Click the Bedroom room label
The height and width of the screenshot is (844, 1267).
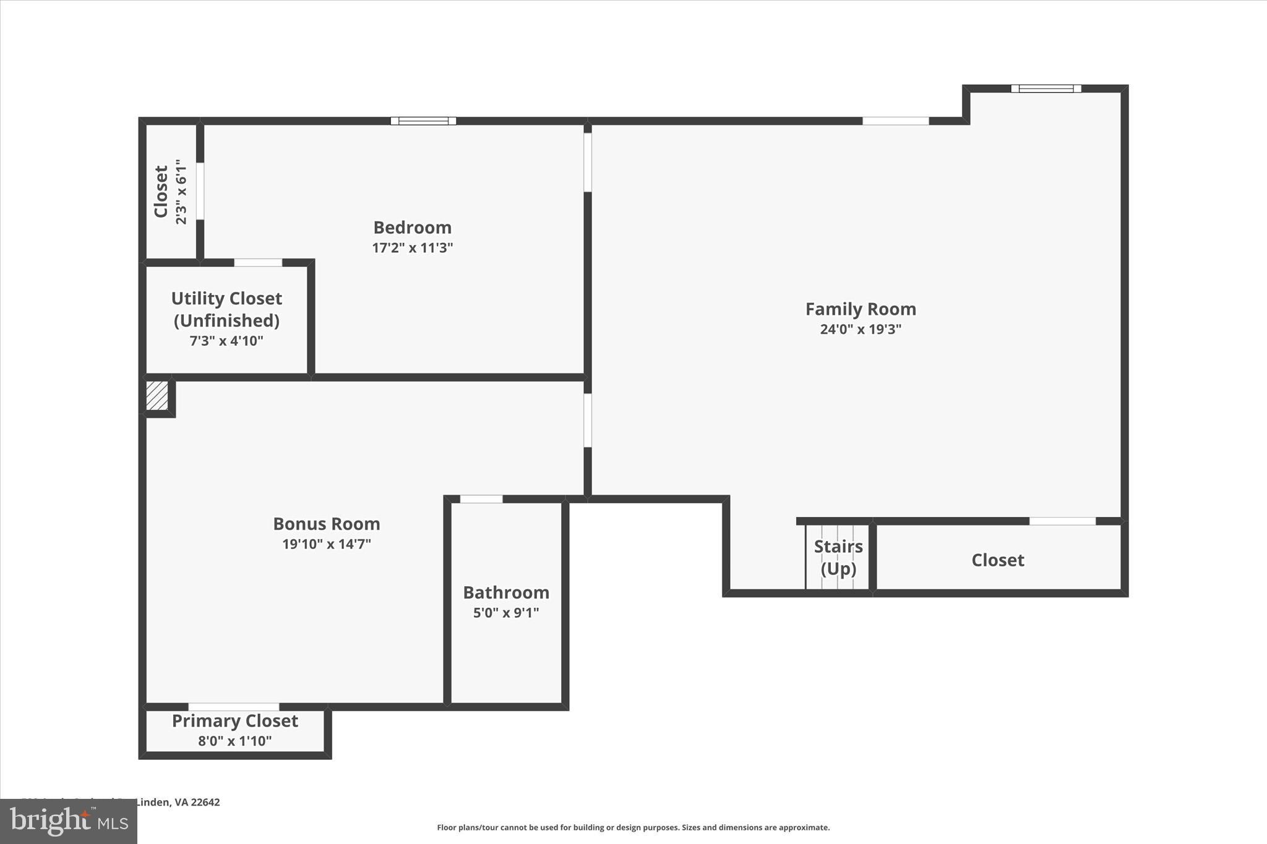[412, 228]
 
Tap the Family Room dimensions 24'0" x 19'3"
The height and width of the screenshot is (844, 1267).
[860, 329]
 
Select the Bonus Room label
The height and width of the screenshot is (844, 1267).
[326, 524]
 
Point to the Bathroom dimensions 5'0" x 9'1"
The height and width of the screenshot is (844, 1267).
[505, 613]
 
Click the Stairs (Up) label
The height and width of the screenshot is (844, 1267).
[838, 557]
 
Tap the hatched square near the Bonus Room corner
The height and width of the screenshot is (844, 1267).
[157, 396]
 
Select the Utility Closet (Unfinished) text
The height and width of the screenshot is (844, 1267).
[226, 309]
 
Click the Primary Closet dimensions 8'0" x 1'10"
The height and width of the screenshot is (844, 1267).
[234, 741]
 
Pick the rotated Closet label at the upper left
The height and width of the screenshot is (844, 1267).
[161, 192]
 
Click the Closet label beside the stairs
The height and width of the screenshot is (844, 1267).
[997, 560]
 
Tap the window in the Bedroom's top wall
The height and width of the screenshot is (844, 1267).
[423, 121]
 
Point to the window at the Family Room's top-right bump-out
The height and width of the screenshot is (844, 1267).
[1046, 88]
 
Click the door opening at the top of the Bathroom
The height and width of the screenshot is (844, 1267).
[481, 499]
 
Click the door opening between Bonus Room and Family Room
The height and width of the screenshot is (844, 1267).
[587, 420]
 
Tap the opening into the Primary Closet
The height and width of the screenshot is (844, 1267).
[233, 707]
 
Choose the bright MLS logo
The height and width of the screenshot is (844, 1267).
[69, 821]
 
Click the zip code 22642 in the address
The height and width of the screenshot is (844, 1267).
[205, 802]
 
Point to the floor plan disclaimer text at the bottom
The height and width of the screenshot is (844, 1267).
[633, 827]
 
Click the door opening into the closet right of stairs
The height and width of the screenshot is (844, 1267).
[1062, 521]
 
